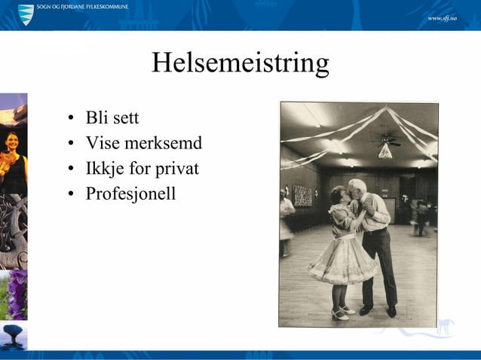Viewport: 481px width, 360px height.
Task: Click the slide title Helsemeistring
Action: coord(240,63)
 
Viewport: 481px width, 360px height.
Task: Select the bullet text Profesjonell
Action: coord(130,194)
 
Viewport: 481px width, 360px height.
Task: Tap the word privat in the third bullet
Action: coord(176,168)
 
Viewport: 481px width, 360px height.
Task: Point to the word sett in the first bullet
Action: coord(124,118)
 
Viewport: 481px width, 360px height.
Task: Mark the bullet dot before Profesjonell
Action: coord(70,194)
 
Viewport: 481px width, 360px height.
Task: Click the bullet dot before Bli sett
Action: coord(70,119)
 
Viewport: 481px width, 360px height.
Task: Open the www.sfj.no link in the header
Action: coord(443,17)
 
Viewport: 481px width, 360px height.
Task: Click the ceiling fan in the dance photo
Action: coord(387,139)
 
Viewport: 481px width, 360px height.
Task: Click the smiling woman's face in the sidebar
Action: coord(12,142)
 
